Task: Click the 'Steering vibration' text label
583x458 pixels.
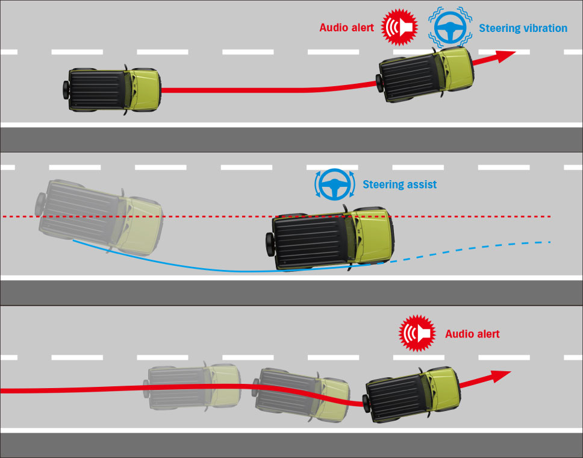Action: pos(523,28)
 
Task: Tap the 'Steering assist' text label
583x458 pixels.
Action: pos(399,184)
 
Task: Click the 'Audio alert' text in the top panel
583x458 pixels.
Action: pos(346,28)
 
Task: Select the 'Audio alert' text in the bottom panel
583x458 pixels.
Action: pos(472,334)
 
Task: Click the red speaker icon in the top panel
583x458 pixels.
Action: pos(399,27)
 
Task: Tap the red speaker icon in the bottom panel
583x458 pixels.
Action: pos(417,333)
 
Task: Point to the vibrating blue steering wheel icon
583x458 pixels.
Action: pos(450,28)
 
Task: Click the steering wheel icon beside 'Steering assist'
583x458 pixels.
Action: pos(335,184)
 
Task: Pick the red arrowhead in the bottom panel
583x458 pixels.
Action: pos(500,376)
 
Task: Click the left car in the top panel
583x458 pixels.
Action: pos(112,90)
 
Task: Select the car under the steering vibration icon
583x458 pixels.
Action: pos(425,74)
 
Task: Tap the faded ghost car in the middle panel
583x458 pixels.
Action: pos(99,217)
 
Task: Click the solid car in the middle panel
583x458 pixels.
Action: pos(330,238)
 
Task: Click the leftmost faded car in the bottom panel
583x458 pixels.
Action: pos(192,386)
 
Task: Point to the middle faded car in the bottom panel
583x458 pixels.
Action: pos(301,395)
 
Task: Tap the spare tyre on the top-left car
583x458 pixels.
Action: pos(66,90)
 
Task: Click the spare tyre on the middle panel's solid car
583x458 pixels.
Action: pos(270,244)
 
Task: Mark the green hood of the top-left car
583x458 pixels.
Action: pos(145,90)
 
